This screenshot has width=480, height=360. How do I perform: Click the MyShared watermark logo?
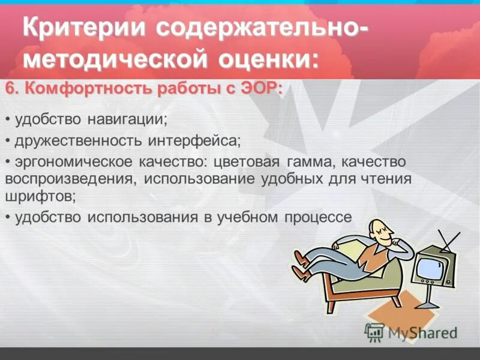pyautogui.click(x=410, y=331)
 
